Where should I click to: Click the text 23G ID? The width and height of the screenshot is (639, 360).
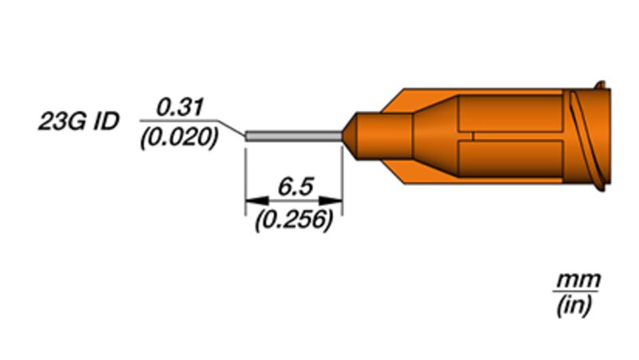click(78, 122)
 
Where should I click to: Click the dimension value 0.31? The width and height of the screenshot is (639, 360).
click(180, 108)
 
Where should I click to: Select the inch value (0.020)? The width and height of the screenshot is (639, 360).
click(179, 137)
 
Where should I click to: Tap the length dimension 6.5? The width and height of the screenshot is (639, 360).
click(296, 187)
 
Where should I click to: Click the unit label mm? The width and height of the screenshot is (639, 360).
click(578, 280)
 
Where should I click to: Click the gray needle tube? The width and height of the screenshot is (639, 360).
click(294, 136)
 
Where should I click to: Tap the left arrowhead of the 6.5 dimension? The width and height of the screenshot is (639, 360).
click(256, 200)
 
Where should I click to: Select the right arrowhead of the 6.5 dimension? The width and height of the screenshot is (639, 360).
click(331, 200)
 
